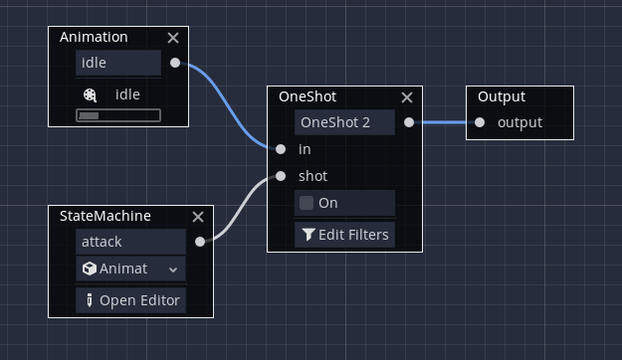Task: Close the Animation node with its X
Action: [x=173, y=38]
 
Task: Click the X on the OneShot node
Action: [x=406, y=97]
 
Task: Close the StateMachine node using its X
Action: [x=197, y=216]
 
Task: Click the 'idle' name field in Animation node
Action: [x=117, y=63]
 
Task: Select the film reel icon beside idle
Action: [x=91, y=94]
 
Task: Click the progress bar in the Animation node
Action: [x=117, y=115]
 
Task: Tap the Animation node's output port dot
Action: [x=175, y=63]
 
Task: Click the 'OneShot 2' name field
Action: [x=344, y=122]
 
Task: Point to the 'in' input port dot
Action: [x=281, y=149]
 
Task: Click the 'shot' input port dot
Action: [x=281, y=176]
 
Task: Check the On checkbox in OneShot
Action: [x=307, y=203]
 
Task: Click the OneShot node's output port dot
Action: [x=408, y=122]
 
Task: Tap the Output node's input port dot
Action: [x=480, y=122]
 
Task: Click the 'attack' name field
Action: [x=130, y=242]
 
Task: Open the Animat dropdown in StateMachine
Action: [x=130, y=269]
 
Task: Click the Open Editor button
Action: [x=130, y=300]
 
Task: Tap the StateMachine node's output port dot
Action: [x=200, y=242]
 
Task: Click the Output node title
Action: [x=502, y=96]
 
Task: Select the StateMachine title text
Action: [x=105, y=216]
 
